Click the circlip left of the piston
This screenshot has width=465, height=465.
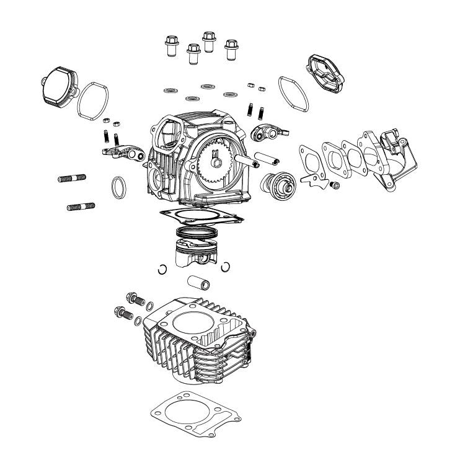(x=162, y=268)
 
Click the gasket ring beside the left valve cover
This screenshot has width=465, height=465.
(x=94, y=101)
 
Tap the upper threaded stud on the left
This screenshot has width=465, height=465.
(x=72, y=179)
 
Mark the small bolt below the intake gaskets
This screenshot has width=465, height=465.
(x=335, y=185)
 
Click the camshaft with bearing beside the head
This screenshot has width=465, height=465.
(x=276, y=183)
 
